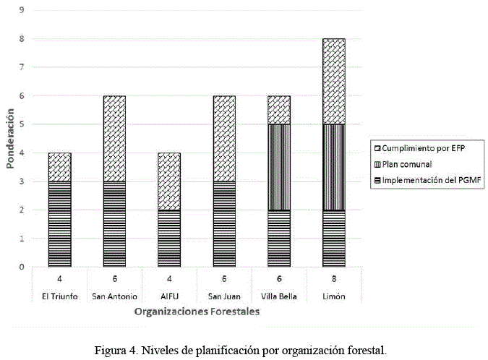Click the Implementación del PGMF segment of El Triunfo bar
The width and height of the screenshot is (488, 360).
59,224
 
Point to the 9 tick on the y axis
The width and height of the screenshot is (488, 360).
22,11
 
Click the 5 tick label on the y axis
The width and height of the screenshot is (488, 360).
22,124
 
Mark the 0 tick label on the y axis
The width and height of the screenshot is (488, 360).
22,267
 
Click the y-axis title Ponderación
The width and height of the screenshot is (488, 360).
10,139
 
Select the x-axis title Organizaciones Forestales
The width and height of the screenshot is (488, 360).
197,312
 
